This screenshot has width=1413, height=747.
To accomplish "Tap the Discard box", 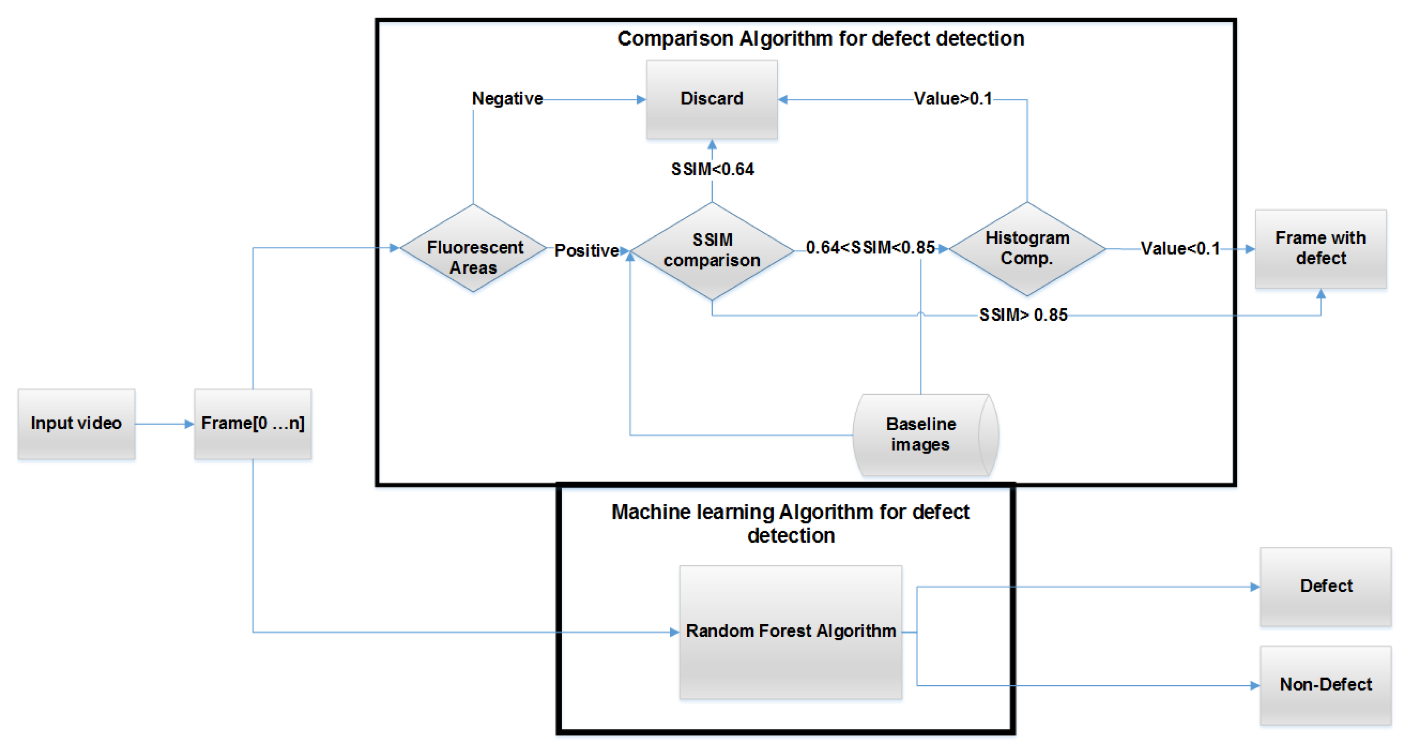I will [x=711, y=99].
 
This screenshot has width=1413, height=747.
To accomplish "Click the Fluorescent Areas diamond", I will [x=473, y=249].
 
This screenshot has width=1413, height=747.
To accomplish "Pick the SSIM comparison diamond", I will [x=711, y=250].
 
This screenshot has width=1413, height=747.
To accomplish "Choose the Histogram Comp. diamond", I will [x=1026, y=249].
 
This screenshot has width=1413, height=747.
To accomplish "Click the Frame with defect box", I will [x=1320, y=249].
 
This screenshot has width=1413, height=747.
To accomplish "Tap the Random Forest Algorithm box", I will [x=790, y=631].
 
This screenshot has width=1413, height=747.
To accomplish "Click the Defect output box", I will [x=1325, y=586].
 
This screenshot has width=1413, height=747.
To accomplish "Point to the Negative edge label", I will [x=507, y=99].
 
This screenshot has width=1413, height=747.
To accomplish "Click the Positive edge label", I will [x=586, y=250].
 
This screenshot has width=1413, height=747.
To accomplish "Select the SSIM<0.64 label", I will [x=712, y=169].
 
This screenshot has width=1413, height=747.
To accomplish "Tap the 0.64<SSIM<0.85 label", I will [x=870, y=247].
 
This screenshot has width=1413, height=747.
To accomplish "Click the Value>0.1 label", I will [x=953, y=99].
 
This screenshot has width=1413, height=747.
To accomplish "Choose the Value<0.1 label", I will [x=1180, y=249].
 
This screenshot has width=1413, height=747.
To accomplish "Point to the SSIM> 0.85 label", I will [x=1023, y=315].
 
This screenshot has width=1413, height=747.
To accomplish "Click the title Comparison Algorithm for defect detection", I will [x=820, y=39].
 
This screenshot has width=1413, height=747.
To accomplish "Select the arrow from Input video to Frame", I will [x=164, y=424].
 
